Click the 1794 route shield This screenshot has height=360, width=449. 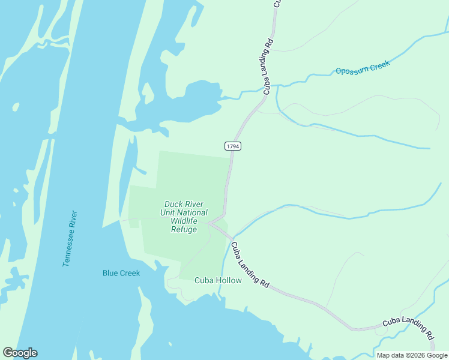point(233,146)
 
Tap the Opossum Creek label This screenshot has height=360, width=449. point(363,67)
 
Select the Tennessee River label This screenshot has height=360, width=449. point(70,238)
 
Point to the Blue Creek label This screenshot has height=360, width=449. point(121,273)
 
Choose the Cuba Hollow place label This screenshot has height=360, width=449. point(218,280)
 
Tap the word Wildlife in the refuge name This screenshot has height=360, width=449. point(184,221)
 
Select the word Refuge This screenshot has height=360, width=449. point(184,229)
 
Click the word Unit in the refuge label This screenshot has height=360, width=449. point(167,212)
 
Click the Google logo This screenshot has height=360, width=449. point(20,353)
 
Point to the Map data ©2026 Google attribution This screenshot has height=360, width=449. point(412,355)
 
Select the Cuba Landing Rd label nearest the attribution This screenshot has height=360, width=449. point(408,327)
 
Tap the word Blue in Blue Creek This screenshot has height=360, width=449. point(110,273)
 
